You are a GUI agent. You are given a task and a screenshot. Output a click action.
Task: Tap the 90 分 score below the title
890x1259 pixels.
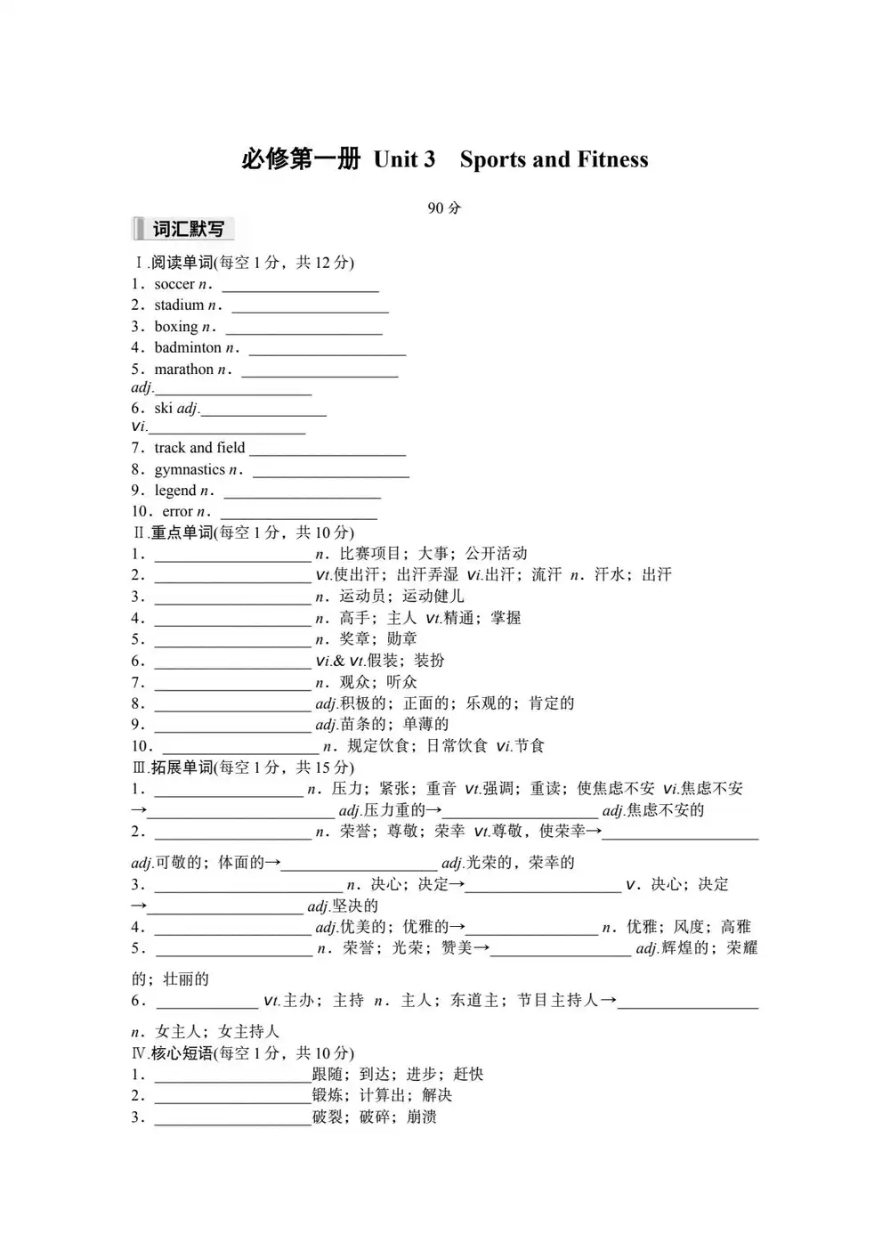pos(444,208)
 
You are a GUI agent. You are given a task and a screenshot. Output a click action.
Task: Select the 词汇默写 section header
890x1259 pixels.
pos(188,229)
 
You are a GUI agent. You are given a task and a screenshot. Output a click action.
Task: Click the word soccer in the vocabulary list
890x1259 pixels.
pos(174,284)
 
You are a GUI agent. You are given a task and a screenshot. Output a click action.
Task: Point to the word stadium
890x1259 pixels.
pos(179,305)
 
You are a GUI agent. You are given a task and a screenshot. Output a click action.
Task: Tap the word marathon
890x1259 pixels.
pos(184,370)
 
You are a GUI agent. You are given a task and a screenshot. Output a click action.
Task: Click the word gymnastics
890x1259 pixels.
pos(190,469)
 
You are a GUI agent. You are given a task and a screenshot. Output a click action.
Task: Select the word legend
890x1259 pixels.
pos(175,491)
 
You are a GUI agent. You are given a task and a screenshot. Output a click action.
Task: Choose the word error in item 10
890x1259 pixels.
pos(177,512)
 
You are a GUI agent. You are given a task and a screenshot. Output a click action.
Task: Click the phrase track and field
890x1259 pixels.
pos(199,448)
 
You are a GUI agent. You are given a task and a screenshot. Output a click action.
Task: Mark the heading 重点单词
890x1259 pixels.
pos(182,532)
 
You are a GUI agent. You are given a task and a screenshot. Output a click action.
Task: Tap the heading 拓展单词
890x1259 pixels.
pos(182,768)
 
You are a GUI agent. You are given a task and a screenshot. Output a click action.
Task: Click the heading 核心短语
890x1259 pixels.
pos(182,1053)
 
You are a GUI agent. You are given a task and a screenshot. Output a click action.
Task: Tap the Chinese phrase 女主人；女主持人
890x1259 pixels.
pos(217,1032)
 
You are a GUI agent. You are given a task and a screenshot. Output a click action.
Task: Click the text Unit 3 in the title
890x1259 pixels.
pos(404,159)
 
